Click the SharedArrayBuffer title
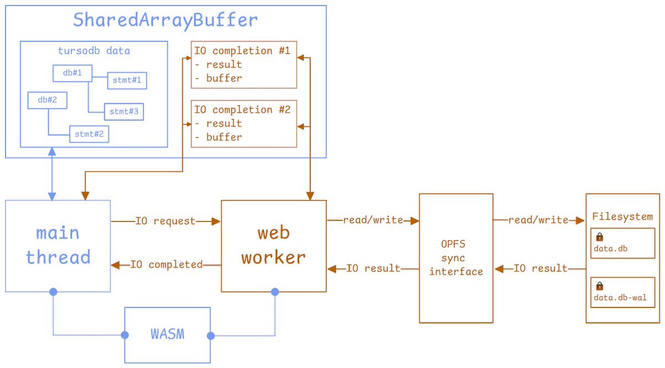click(x=166, y=21)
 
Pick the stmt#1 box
click(x=126, y=80)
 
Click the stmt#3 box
click(x=123, y=112)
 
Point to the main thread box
click(x=58, y=245)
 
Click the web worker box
click(x=273, y=245)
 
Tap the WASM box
click(x=167, y=335)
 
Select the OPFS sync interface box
click(x=456, y=258)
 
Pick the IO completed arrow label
click(x=166, y=265)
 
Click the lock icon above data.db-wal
click(x=599, y=286)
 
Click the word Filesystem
click(x=622, y=216)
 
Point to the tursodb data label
click(x=94, y=51)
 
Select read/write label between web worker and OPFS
click(x=373, y=220)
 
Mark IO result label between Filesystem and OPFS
click(x=540, y=269)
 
